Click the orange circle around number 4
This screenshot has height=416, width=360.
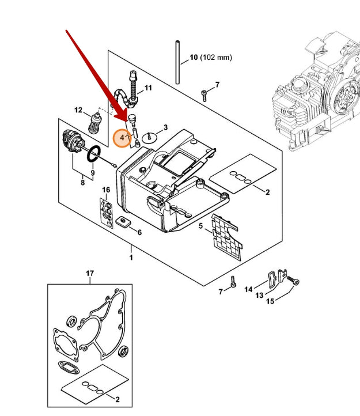(122, 138)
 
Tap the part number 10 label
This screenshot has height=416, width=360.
(194, 57)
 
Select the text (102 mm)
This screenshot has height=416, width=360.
(216, 57)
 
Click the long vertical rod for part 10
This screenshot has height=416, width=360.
(177, 62)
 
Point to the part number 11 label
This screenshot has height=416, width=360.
(148, 88)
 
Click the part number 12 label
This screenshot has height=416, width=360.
(78, 110)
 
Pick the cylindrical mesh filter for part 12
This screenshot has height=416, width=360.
(95, 123)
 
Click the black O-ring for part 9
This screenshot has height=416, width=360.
(94, 153)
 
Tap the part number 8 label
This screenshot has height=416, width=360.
(83, 183)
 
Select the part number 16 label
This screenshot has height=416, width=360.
(106, 190)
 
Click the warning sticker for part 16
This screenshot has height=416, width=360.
(107, 213)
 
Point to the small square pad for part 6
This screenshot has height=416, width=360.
(123, 221)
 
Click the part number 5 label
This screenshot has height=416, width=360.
(201, 226)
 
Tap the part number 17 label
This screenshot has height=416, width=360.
(90, 273)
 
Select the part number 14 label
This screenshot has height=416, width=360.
(248, 289)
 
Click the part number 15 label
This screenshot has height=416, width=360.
(270, 301)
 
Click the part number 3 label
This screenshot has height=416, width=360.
(165, 127)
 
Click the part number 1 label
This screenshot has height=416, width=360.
(131, 258)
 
